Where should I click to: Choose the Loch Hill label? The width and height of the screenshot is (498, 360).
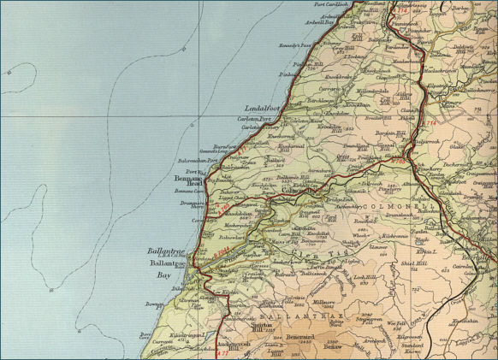[365, 276]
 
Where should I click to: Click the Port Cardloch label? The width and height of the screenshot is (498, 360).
[333, 4]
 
